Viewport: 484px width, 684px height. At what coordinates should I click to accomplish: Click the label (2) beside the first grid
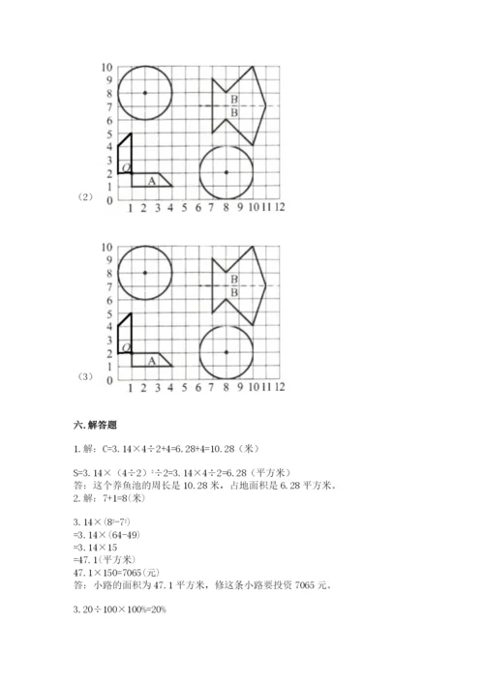[84, 199]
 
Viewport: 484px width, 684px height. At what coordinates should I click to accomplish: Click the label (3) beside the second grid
[84, 378]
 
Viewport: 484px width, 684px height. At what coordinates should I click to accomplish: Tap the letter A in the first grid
[151, 180]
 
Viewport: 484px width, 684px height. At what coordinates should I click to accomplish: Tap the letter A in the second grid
[151, 360]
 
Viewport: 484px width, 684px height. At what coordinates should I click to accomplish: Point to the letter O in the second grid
[126, 347]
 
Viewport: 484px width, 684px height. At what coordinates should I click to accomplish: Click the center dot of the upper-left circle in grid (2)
[144, 93]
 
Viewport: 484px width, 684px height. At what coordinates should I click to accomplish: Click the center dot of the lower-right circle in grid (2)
[226, 172]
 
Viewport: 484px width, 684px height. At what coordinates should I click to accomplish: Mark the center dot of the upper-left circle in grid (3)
[144, 273]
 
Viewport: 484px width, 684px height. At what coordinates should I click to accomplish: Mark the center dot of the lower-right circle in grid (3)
[226, 352]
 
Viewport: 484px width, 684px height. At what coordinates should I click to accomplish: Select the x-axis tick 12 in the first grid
[279, 207]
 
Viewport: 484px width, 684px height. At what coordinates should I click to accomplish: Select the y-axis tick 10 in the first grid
[107, 67]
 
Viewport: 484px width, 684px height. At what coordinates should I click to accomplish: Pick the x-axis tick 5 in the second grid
[184, 387]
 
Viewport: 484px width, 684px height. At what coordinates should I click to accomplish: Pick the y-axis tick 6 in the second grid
[109, 300]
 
